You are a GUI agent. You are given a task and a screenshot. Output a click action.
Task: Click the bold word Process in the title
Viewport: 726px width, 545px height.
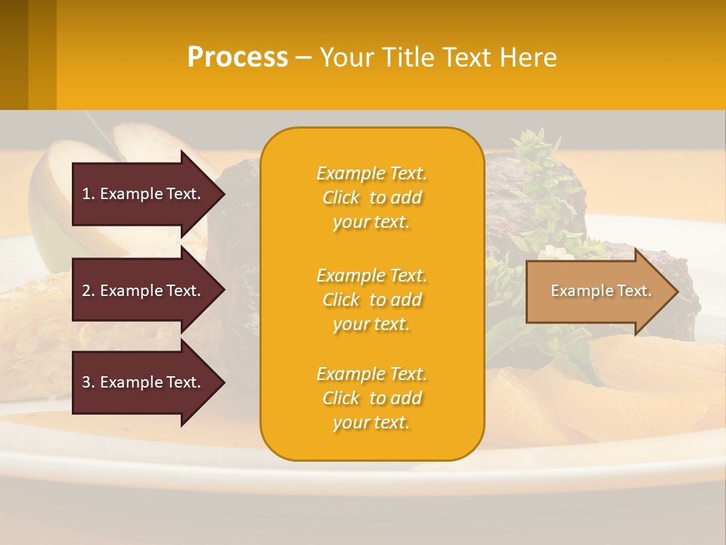pos(237,58)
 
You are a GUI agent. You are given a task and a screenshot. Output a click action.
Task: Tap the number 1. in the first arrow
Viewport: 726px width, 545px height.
pos(88,194)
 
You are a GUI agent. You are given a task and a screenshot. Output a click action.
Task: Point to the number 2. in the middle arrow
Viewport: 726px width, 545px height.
pos(88,291)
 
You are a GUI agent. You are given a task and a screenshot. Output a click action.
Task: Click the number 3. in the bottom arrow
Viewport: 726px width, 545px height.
pos(88,382)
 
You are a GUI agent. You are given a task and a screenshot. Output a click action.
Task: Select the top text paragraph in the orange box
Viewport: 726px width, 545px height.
pos(371,198)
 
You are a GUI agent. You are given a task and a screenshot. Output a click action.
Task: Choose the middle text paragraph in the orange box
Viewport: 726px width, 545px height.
pos(371,300)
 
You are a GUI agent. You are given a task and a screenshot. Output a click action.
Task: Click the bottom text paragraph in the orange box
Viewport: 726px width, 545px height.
pos(371,398)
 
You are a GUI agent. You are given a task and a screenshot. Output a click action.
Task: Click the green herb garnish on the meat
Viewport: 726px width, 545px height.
pos(537,151)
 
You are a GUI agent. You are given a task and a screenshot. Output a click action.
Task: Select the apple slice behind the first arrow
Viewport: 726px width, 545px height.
pos(53,204)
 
